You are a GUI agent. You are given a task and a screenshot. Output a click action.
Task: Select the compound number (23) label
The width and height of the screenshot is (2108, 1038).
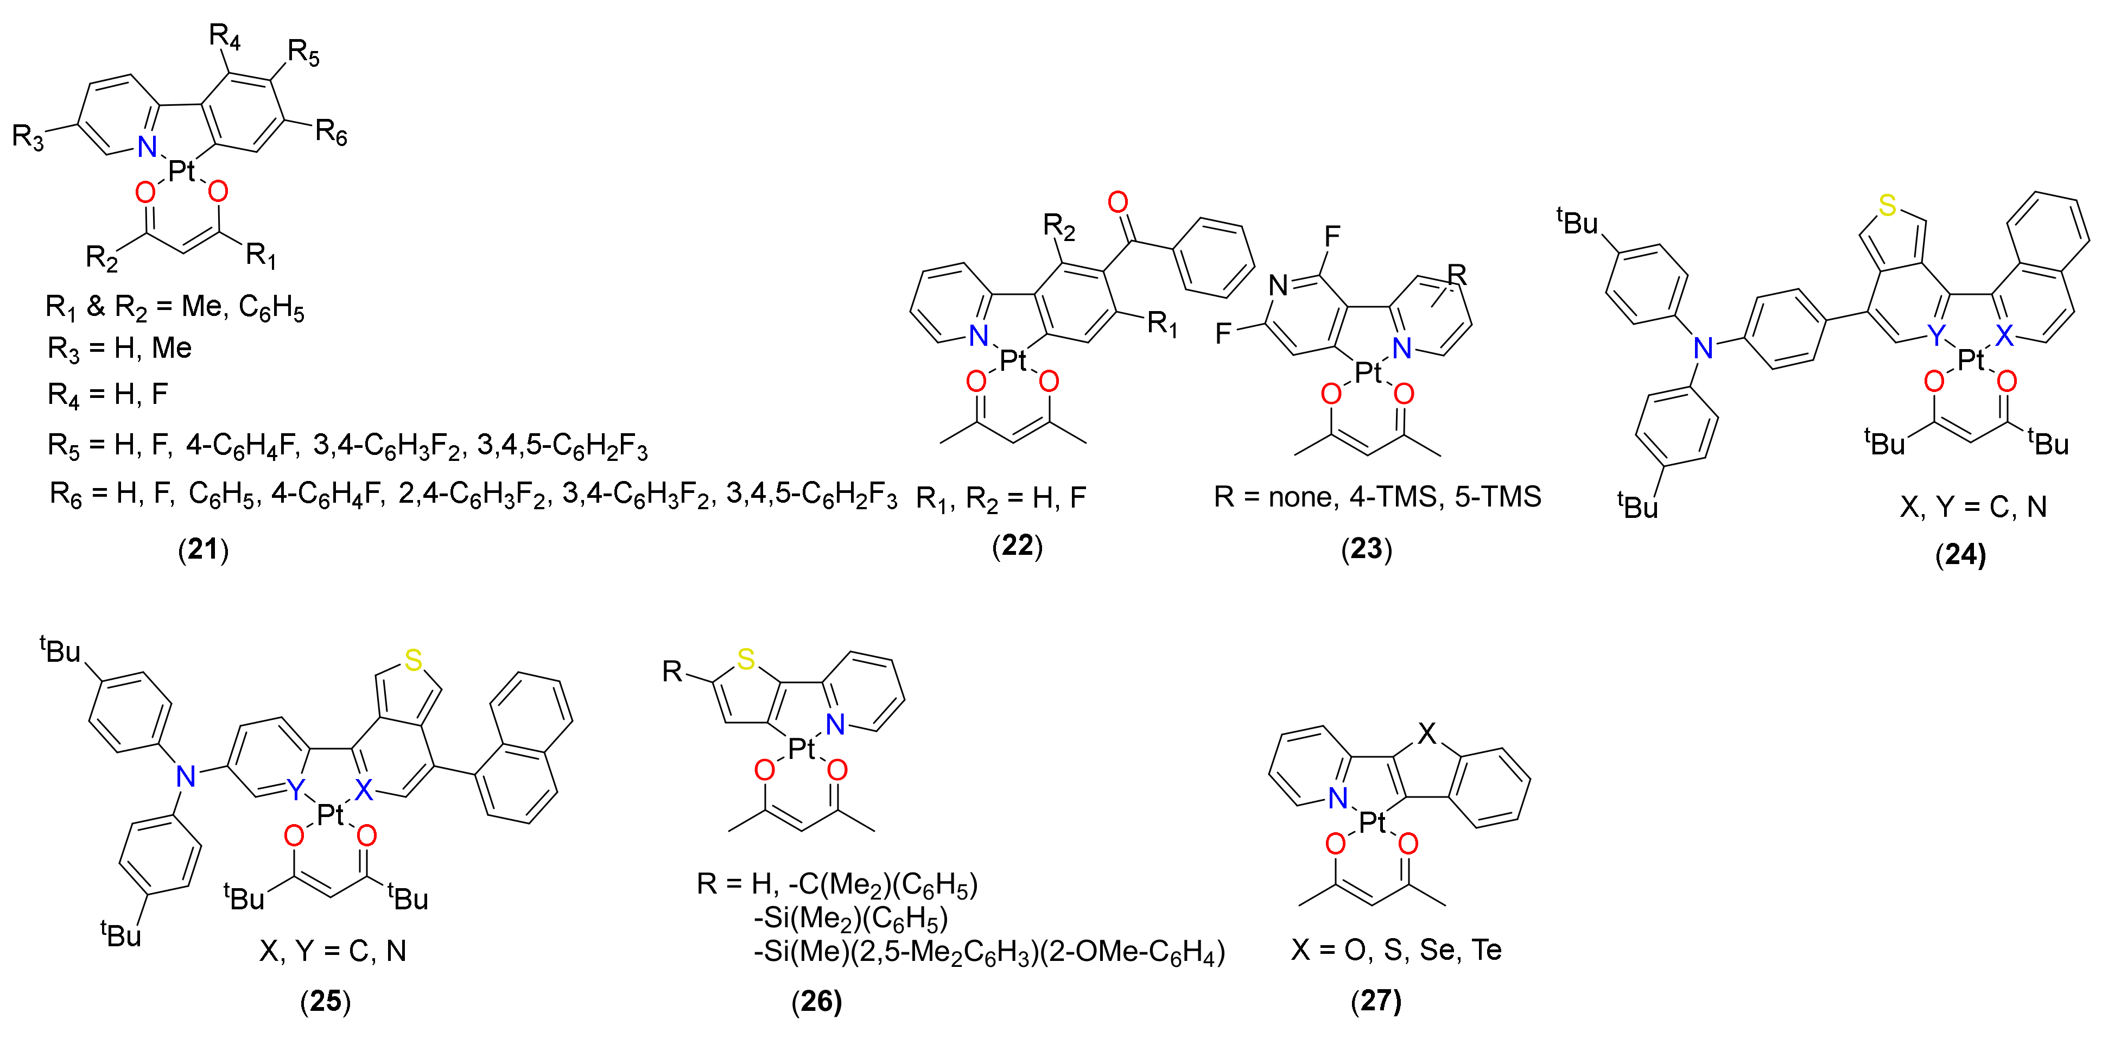point(1366,548)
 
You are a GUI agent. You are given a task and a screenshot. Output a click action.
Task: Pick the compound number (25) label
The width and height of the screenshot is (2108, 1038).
point(326,1001)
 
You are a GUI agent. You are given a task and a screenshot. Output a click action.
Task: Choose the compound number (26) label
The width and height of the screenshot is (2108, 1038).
point(817,1001)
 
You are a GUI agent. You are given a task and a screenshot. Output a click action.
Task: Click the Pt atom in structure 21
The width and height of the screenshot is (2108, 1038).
point(182,171)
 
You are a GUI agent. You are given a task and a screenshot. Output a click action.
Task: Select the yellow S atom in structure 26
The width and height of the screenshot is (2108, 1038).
point(746,659)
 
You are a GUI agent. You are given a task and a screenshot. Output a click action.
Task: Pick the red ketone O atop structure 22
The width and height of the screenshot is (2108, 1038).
point(1118,201)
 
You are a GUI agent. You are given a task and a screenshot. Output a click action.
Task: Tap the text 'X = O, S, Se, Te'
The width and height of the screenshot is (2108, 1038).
point(1396,950)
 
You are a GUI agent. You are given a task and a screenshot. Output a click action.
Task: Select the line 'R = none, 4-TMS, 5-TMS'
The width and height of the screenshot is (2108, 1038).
point(1377,496)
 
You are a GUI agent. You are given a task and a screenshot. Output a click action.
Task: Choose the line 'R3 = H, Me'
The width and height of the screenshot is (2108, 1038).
point(119,349)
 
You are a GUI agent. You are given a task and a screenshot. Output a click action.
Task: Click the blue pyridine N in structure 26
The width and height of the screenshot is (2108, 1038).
point(835,724)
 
